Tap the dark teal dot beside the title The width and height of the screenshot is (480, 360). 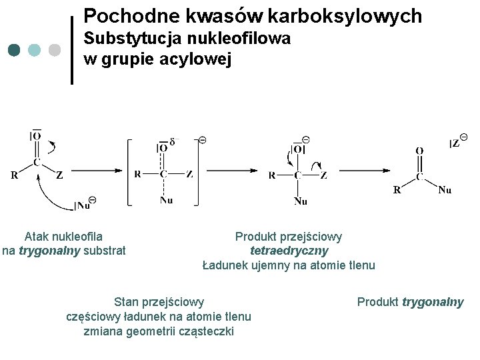coord(15,50)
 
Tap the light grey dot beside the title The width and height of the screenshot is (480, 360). coord(55,50)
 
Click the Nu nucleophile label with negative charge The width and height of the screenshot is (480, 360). coord(85,204)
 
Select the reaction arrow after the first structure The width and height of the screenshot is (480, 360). coord(107,171)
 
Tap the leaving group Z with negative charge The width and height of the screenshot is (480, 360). coord(457,143)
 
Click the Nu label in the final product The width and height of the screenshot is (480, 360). coord(445,190)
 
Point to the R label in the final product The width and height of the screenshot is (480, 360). coord(397,189)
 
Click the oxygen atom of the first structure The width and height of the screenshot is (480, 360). coord(37,136)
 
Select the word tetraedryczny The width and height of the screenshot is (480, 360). coord(289,251)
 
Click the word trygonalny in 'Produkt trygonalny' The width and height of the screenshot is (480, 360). coord(433,302)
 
